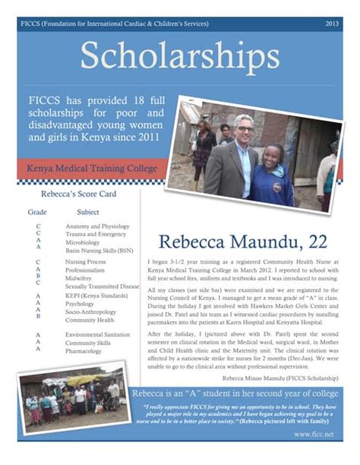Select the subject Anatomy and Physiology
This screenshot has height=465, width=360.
(97, 226)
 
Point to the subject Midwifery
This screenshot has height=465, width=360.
(81, 277)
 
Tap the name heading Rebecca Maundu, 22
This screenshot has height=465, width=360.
(243, 242)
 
